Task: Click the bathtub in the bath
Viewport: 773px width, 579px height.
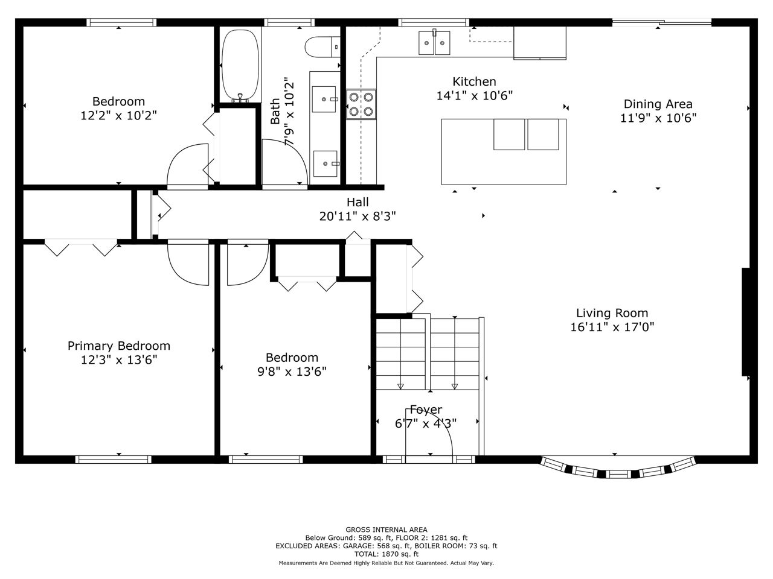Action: click(x=241, y=65)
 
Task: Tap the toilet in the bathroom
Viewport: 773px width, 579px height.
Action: click(x=322, y=47)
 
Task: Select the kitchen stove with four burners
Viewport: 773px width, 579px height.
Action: click(x=361, y=104)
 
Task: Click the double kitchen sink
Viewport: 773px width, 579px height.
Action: click(x=434, y=43)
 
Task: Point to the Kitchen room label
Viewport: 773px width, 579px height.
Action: click(x=474, y=81)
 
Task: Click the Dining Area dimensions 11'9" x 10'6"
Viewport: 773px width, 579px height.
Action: click(x=658, y=118)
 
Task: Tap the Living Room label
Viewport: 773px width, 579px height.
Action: click(x=612, y=313)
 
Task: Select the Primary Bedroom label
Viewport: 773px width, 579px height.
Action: click(x=119, y=346)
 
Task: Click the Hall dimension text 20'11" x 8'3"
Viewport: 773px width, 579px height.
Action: click(x=358, y=216)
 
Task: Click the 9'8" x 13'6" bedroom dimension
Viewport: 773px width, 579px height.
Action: click(x=292, y=372)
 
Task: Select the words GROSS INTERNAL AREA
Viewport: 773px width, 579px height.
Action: click(x=386, y=530)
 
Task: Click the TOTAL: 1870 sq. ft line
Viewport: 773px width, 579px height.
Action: click(x=386, y=554)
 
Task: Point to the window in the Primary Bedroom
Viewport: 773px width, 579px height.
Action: click(x=113, y=460)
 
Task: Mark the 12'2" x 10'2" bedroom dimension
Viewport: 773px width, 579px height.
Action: click(x=119, y=115)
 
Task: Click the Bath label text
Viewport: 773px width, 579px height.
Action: click(x=275, y=111)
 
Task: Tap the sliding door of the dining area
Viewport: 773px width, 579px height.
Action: click(x=662, y=22)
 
